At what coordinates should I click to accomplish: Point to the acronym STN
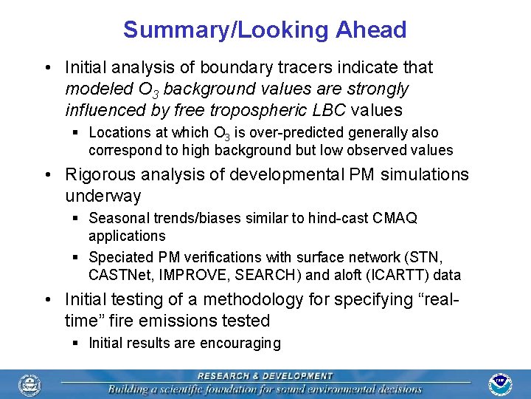[426, 258]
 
